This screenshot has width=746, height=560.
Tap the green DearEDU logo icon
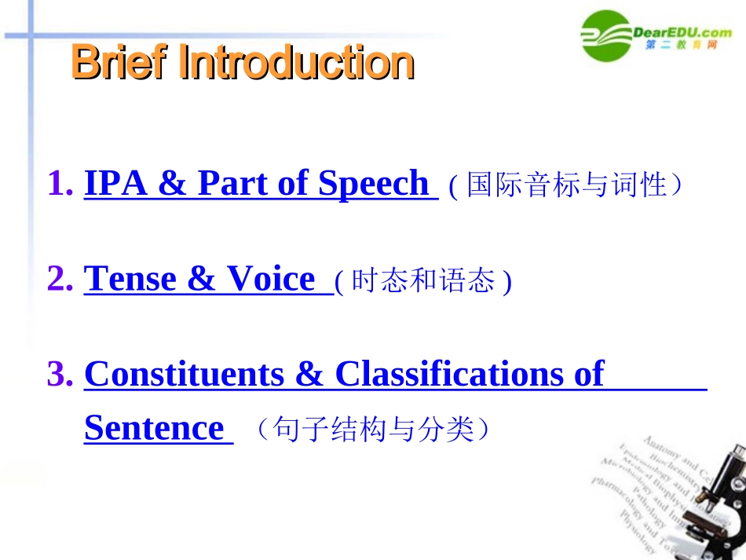coord(605,34)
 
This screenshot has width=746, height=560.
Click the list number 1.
coord(60,184)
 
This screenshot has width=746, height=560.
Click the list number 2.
coord(60,279)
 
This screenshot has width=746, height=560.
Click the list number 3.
coord(60,374)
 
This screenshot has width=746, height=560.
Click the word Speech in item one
coord(373,184)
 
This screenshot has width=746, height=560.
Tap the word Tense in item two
coord(130,279)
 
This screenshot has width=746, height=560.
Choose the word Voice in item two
coord(270,279)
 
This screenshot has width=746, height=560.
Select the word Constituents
coord(184,374)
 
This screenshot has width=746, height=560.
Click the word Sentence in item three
coord(154,429)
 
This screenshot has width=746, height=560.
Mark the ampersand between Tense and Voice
coord(202,279)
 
